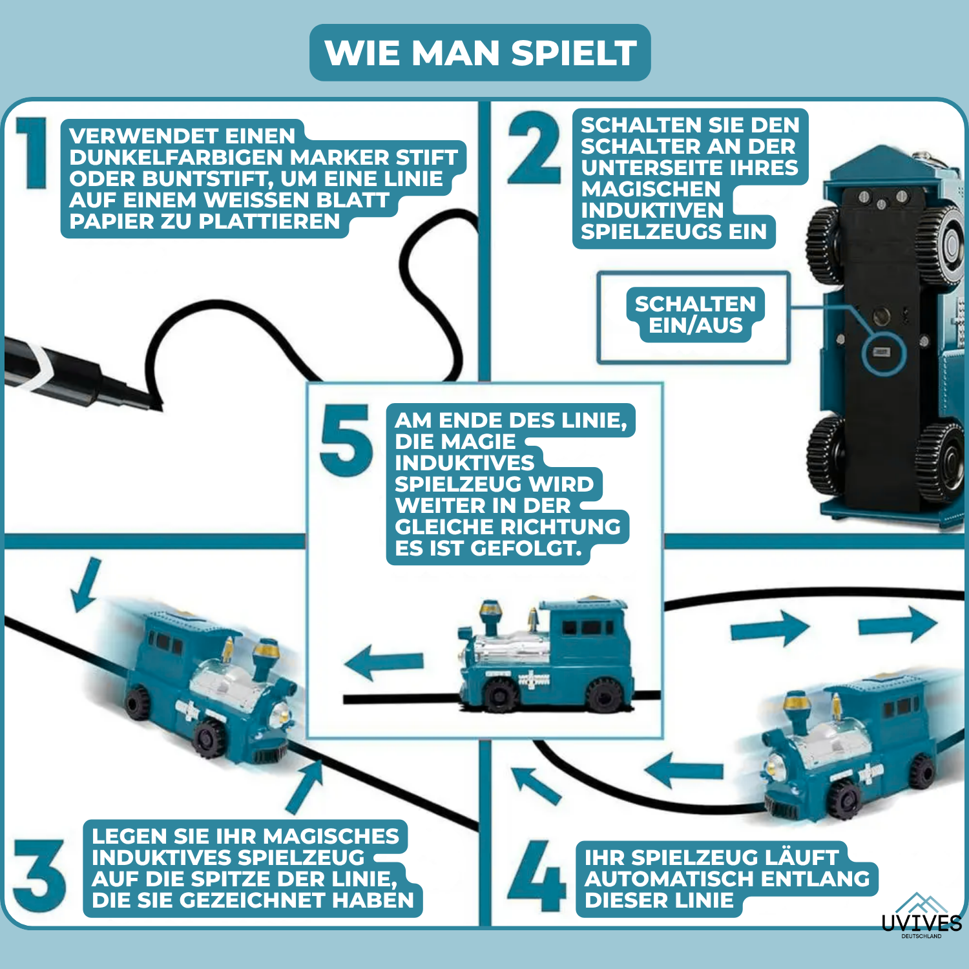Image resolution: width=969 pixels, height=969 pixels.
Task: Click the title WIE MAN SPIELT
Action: pyautogui.click(x=480, y=53)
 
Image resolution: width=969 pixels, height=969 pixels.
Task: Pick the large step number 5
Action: pyautogui.click(x=346, y=441)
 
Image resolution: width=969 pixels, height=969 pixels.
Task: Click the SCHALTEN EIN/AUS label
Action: pyautogui.click(x=695, y=315)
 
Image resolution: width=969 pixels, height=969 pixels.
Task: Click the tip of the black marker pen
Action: pyautogui.click(x=155, y=404)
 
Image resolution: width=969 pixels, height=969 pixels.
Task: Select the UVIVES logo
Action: pyautogui.click(x=921, y=917)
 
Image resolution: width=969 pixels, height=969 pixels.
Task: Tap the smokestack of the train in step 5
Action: pyautogui.click(x=489, y=616)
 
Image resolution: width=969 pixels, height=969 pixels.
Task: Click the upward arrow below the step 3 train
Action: pyautogui.click(x=305, y=786)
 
